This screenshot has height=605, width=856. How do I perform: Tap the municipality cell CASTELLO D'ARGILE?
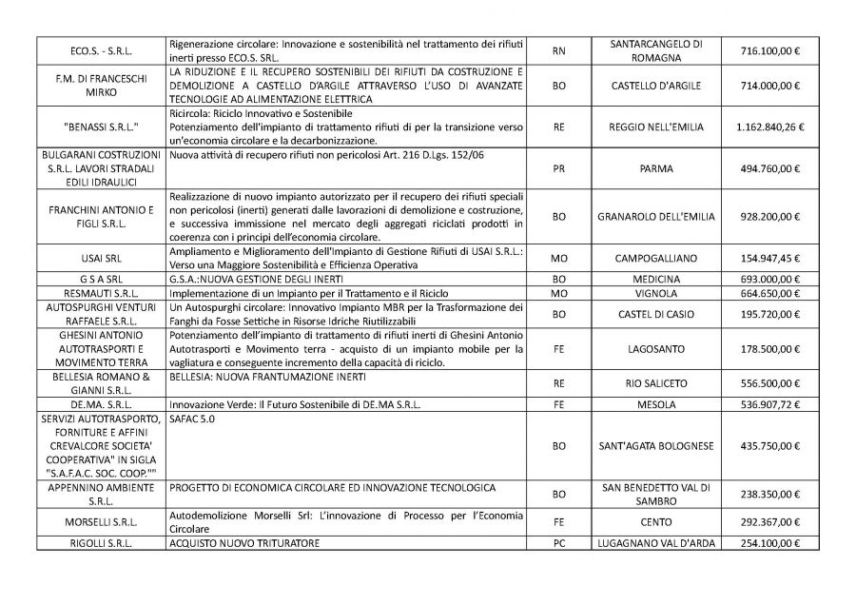pyautogui.click(x=656, y=86)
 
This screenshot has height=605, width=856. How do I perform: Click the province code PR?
pyautogui.click(x=559, y=168)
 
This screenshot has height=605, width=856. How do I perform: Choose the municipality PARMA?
pyautogui.click(x=656, y=168)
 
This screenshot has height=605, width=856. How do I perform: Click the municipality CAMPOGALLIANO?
pyautogui.click(x=656, y=258)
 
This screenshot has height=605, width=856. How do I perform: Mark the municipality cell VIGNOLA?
pyautogui.click(x=656, y=293)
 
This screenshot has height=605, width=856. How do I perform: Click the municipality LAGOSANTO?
pyautogui.click(x=656, y=349)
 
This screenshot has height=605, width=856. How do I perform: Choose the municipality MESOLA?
pyautogui.click(x=656, y=406)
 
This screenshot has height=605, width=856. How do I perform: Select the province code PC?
pyautogui.click(x=559, y=543)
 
